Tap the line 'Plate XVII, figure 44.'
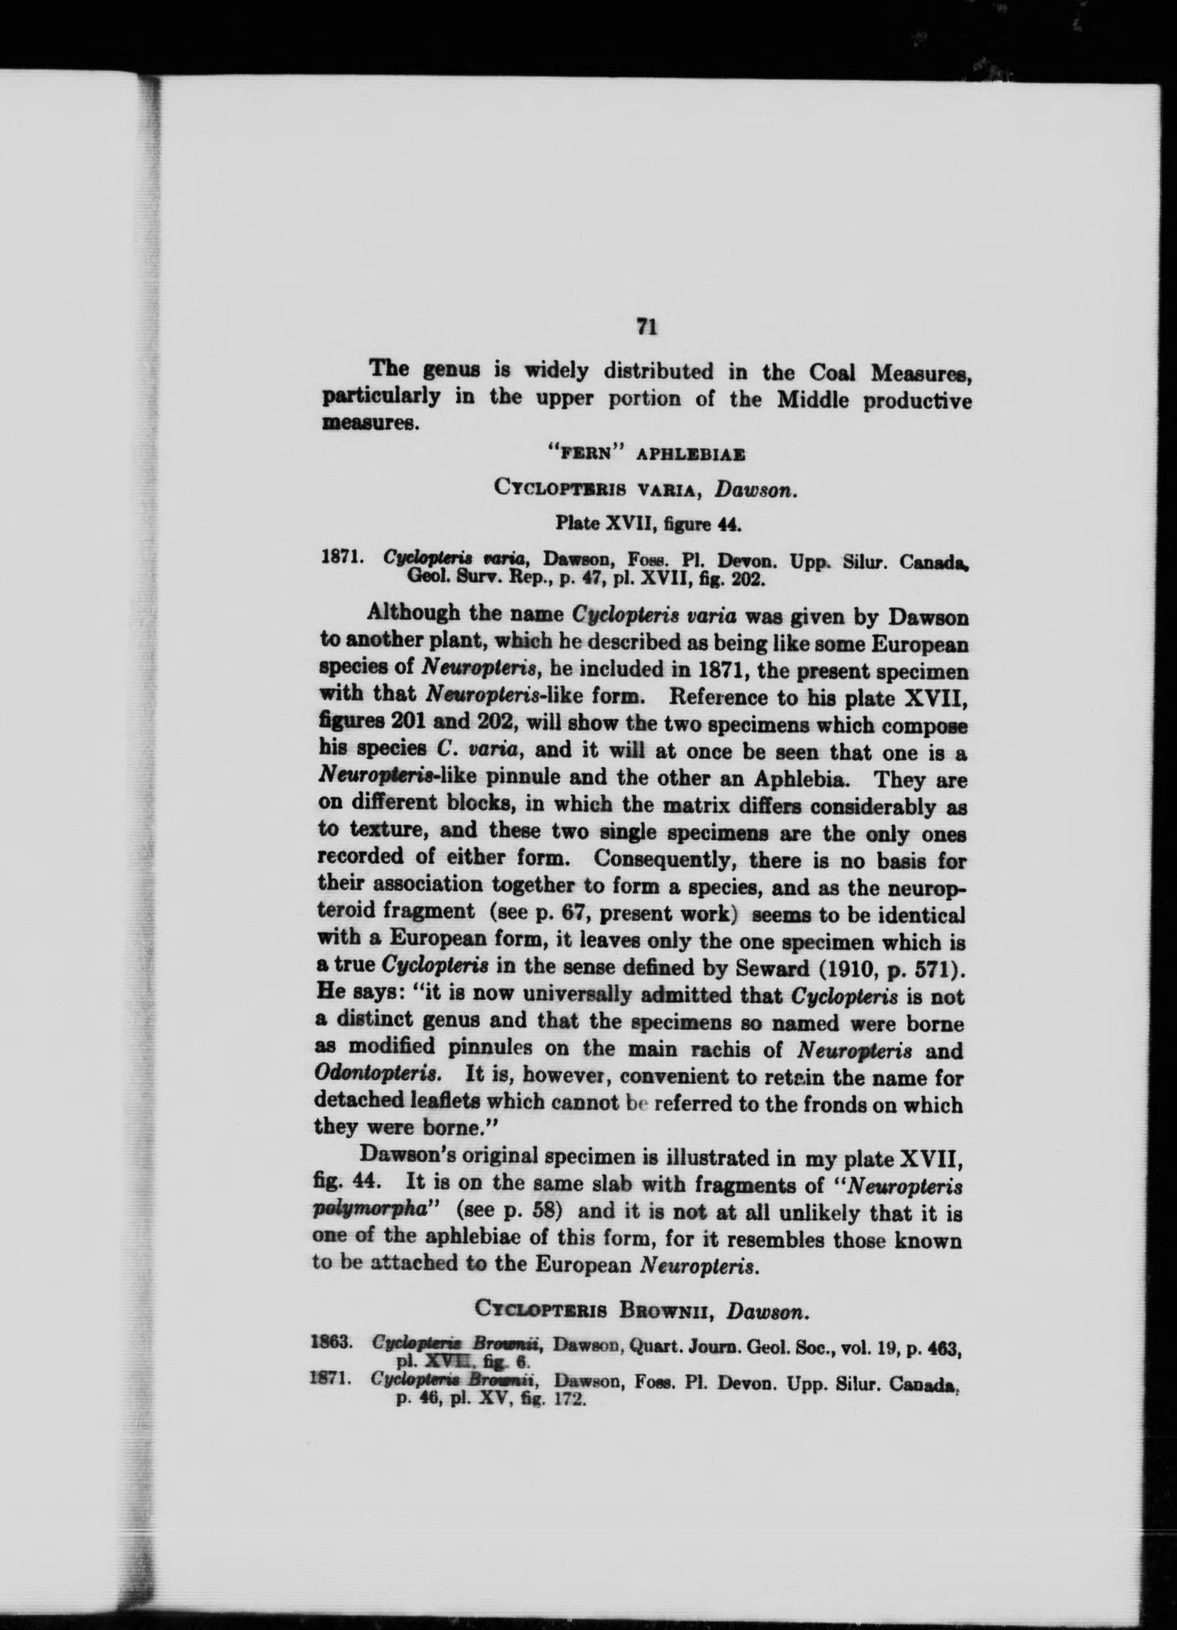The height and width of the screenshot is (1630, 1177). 649,522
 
